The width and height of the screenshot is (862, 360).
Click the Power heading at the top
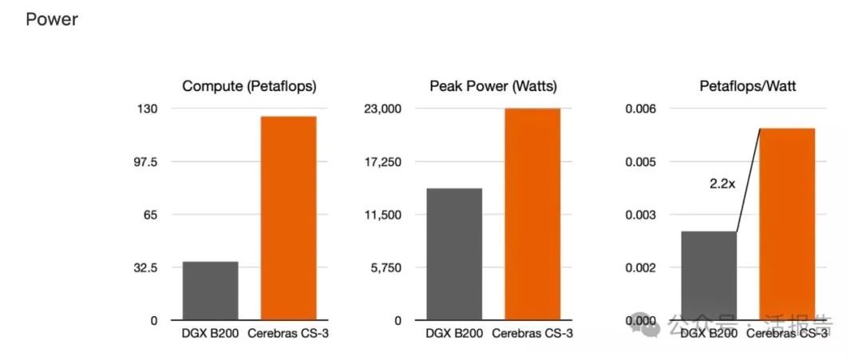coord(52,19)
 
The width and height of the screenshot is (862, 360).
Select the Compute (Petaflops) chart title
coord(249,86)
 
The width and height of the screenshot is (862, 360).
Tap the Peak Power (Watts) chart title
coord(492,86)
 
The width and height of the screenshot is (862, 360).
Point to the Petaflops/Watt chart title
coord(747,86)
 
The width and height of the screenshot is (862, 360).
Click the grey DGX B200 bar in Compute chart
coord(211,291)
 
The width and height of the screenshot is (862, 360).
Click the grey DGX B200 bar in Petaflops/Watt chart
coord(709,275)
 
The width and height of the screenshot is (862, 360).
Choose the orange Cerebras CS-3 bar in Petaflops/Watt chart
coord(787,224)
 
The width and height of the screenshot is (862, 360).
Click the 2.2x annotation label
coord(723,184)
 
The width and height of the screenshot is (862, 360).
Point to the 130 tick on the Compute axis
coord(148,109)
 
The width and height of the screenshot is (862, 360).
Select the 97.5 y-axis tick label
coord(145,162)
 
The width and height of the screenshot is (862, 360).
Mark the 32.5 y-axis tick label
coord(145,267)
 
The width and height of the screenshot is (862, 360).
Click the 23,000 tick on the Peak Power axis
coord(382,109)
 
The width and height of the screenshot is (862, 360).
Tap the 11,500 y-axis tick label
coord(382,215)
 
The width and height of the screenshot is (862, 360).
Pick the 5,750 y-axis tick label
coord(385,267)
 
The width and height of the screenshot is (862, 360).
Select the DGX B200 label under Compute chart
coord(211,333)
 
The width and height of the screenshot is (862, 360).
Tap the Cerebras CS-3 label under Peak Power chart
coord(532,333)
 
